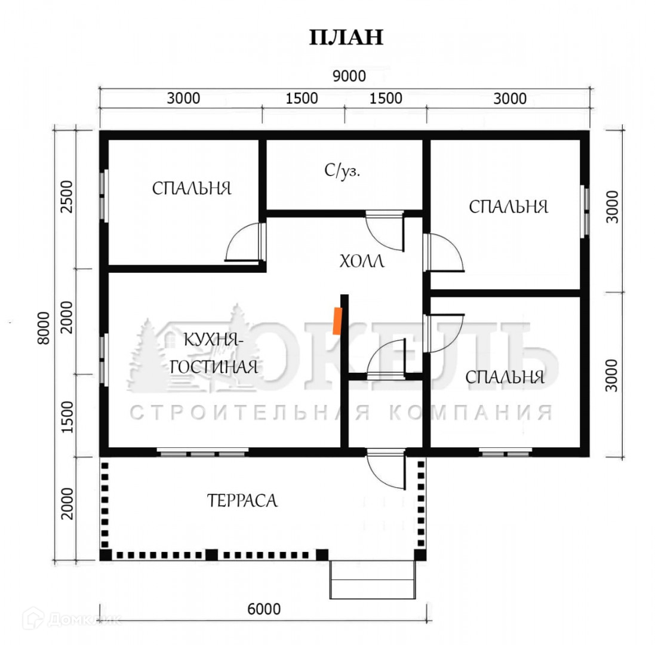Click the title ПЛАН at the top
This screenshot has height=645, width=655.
(346, 37)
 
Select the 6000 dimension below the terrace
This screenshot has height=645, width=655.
(263, 609)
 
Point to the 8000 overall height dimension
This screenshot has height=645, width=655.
(42, 328)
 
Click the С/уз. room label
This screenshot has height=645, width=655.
(342, 171)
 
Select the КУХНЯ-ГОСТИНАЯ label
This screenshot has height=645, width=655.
(213, 354)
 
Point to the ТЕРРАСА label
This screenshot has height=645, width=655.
(242, 500)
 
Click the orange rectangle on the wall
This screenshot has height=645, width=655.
(338, 320)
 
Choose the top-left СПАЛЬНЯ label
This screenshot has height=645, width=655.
(191, 189)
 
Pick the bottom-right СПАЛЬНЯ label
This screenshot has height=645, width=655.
(505, 377)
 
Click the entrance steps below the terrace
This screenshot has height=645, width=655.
(373, 579)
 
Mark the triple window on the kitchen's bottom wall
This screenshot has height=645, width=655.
(203, 453)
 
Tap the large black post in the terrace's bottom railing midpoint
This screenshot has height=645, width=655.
(211, 554)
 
